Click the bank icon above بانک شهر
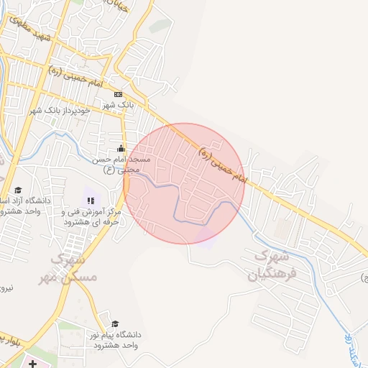tap(118, 93)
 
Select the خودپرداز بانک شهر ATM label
tap(70, 111)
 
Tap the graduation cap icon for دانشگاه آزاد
tap(17, 190)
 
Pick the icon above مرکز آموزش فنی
tap(90, 201)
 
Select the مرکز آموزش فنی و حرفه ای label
tap(91, 217)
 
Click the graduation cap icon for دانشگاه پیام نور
tap(114, 324)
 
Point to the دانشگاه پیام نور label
tap(119, 340)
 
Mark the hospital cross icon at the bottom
tap(32, 364)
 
